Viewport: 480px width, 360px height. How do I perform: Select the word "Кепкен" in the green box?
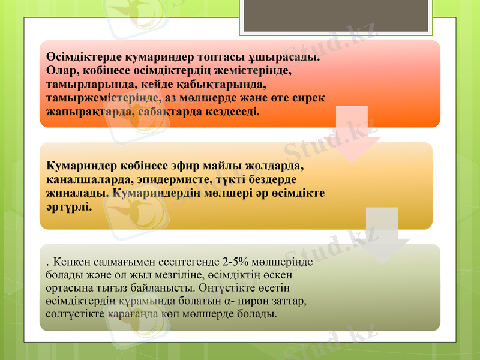tap(70, 262)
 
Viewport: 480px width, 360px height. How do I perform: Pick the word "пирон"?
tap(260, 301)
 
